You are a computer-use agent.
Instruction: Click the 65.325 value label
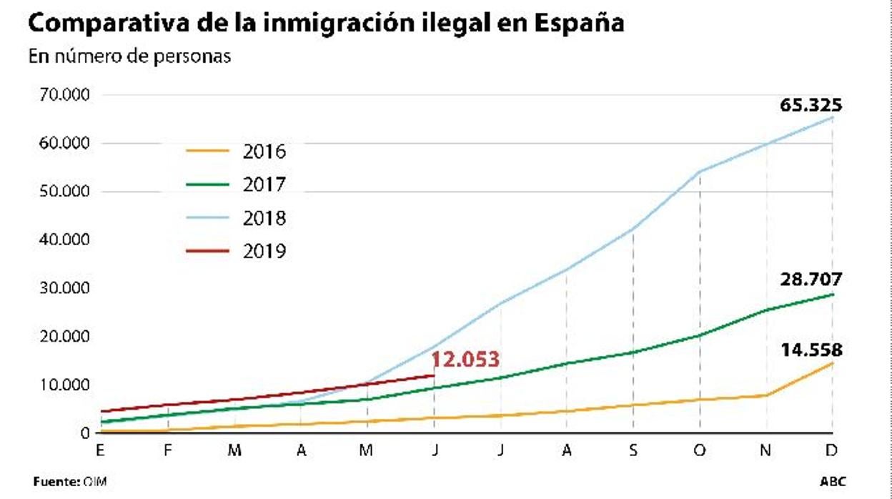coord(811,106)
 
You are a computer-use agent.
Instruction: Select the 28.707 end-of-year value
coord(811,280)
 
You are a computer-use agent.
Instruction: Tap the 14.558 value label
coord(811,350)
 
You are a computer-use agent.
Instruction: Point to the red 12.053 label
coord(465,360)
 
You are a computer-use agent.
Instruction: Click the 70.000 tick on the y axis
coord(60,95)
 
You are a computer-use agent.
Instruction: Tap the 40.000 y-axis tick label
coord(60,239)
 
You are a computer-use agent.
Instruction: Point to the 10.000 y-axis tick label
coord(60,385)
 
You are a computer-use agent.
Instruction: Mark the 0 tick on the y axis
coord(85,433)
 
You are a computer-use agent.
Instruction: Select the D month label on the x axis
coord(832,450)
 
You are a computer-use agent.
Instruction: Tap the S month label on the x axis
coord(633,450)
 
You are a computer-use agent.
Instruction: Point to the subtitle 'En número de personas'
coord(129,56)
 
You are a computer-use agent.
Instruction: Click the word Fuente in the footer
coord(54,482)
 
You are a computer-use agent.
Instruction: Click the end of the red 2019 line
coord(435,375)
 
